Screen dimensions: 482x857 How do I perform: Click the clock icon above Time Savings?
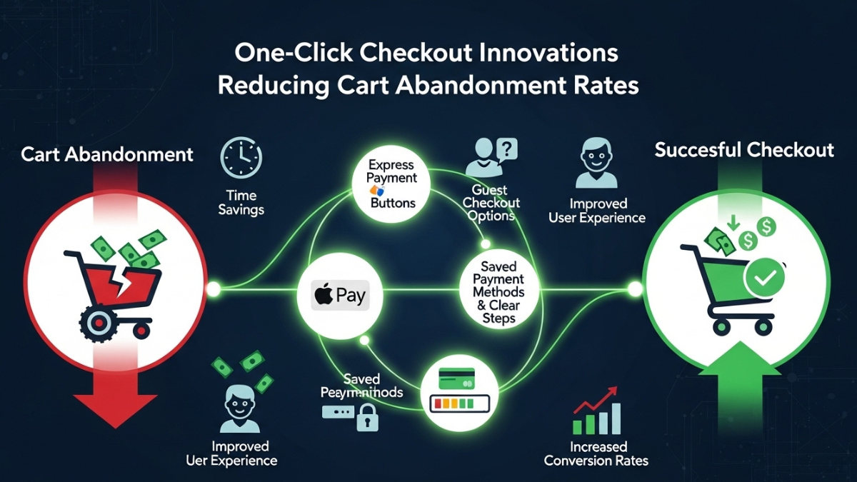tap(241, 158)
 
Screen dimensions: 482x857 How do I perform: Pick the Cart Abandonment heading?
tap(107, 154)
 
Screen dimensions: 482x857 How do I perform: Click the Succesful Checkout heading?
tap(744, 150)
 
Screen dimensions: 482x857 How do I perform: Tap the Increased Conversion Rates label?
tap(596, 453)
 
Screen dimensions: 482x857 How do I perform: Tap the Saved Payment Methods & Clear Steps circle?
tap(498, 291)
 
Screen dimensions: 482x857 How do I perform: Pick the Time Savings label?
tap(241, 202)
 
